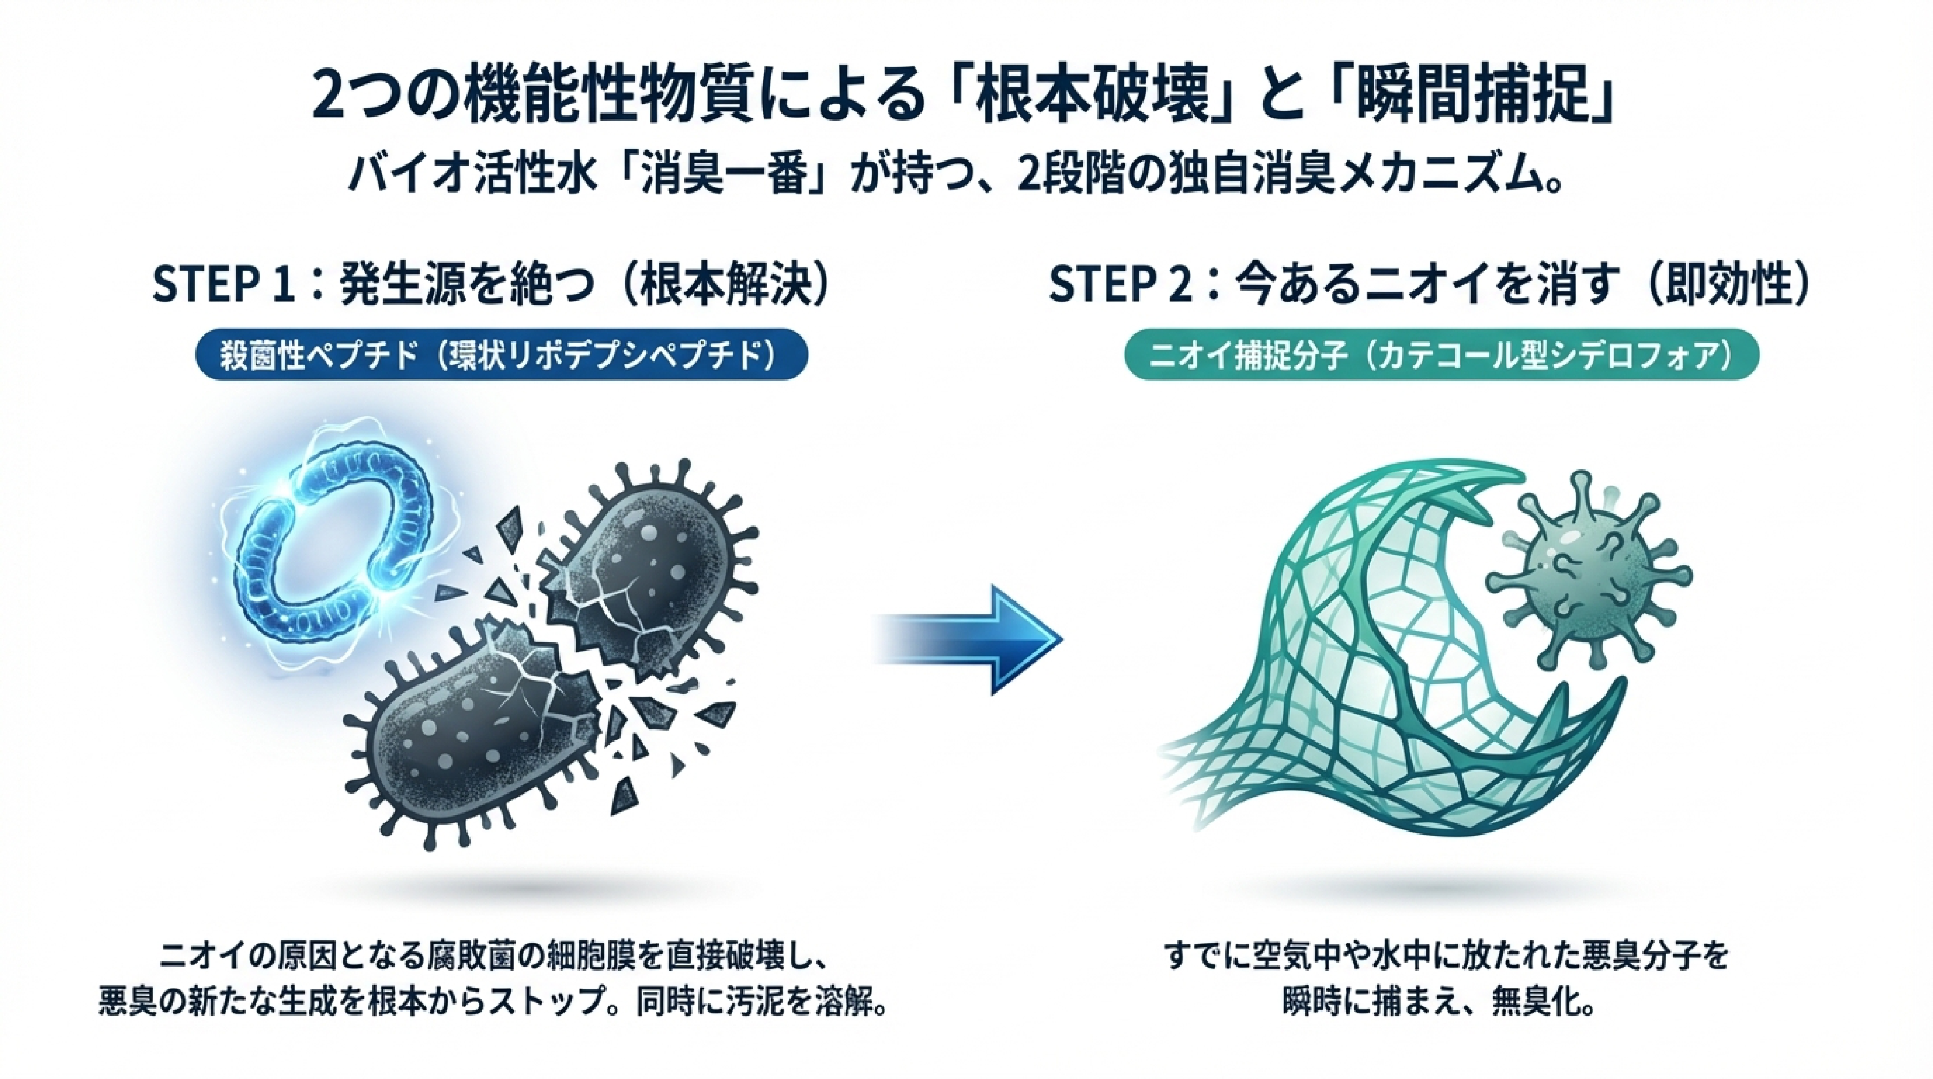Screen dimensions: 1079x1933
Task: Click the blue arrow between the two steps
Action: (x=975, y=639)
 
